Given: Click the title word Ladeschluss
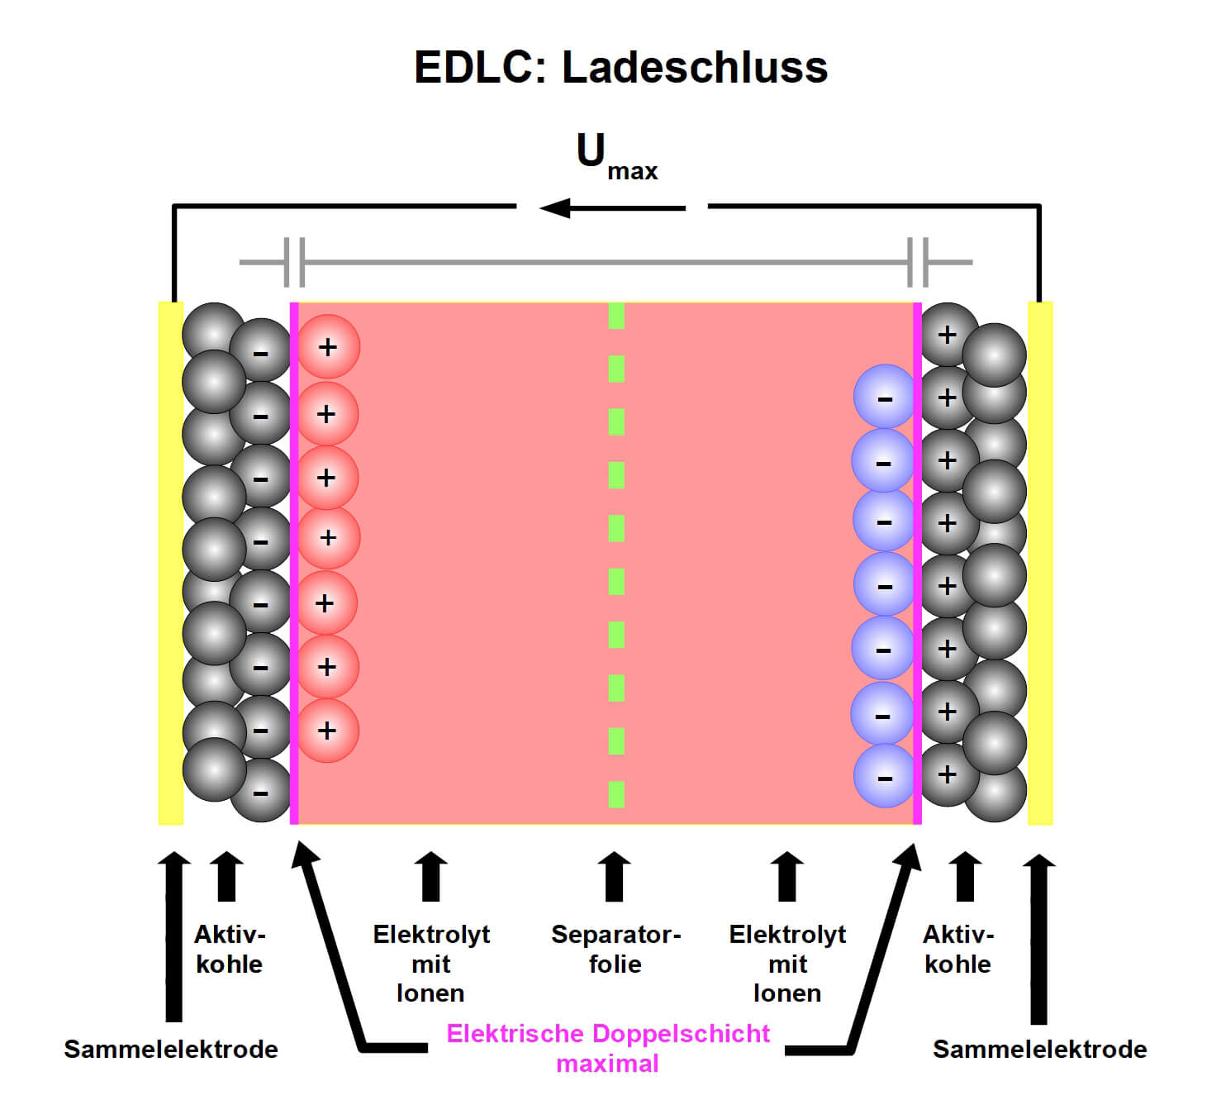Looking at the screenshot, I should point(694,67).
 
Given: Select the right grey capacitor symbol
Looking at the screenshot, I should point(917,262).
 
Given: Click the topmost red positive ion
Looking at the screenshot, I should point(328,347).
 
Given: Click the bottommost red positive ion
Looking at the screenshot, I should point(328,731).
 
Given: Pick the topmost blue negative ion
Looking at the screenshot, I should point(885,398).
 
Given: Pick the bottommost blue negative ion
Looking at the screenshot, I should point(885,776).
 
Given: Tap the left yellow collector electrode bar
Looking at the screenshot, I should point(170,562).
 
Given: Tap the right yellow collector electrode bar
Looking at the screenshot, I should point(1040,562).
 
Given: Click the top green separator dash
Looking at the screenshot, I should point(616,316).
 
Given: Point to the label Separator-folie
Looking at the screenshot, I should point(615,949).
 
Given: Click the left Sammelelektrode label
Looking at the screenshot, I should point(171,1049).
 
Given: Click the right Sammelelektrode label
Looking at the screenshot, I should point(1039,1049).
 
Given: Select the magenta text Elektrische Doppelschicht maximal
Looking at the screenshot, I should point(608,1047).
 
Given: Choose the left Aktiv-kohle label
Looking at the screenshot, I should point(229,949).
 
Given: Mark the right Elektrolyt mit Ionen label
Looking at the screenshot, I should point(787,963).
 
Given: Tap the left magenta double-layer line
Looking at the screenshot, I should point(294,562).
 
